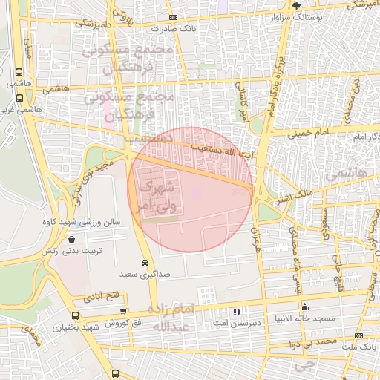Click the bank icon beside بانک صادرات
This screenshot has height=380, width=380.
[x=173, y=17]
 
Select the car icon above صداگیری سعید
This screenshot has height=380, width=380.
[x=143, y=263]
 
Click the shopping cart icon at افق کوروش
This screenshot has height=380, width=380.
[x=123, y=312]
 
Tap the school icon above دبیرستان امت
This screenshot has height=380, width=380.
[x=237, y=312]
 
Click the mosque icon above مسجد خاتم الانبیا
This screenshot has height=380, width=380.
[x=304, y=307]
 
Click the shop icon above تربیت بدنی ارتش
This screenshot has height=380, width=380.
[x=71, y=239]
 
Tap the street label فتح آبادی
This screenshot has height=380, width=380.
[x=103, y=296]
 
